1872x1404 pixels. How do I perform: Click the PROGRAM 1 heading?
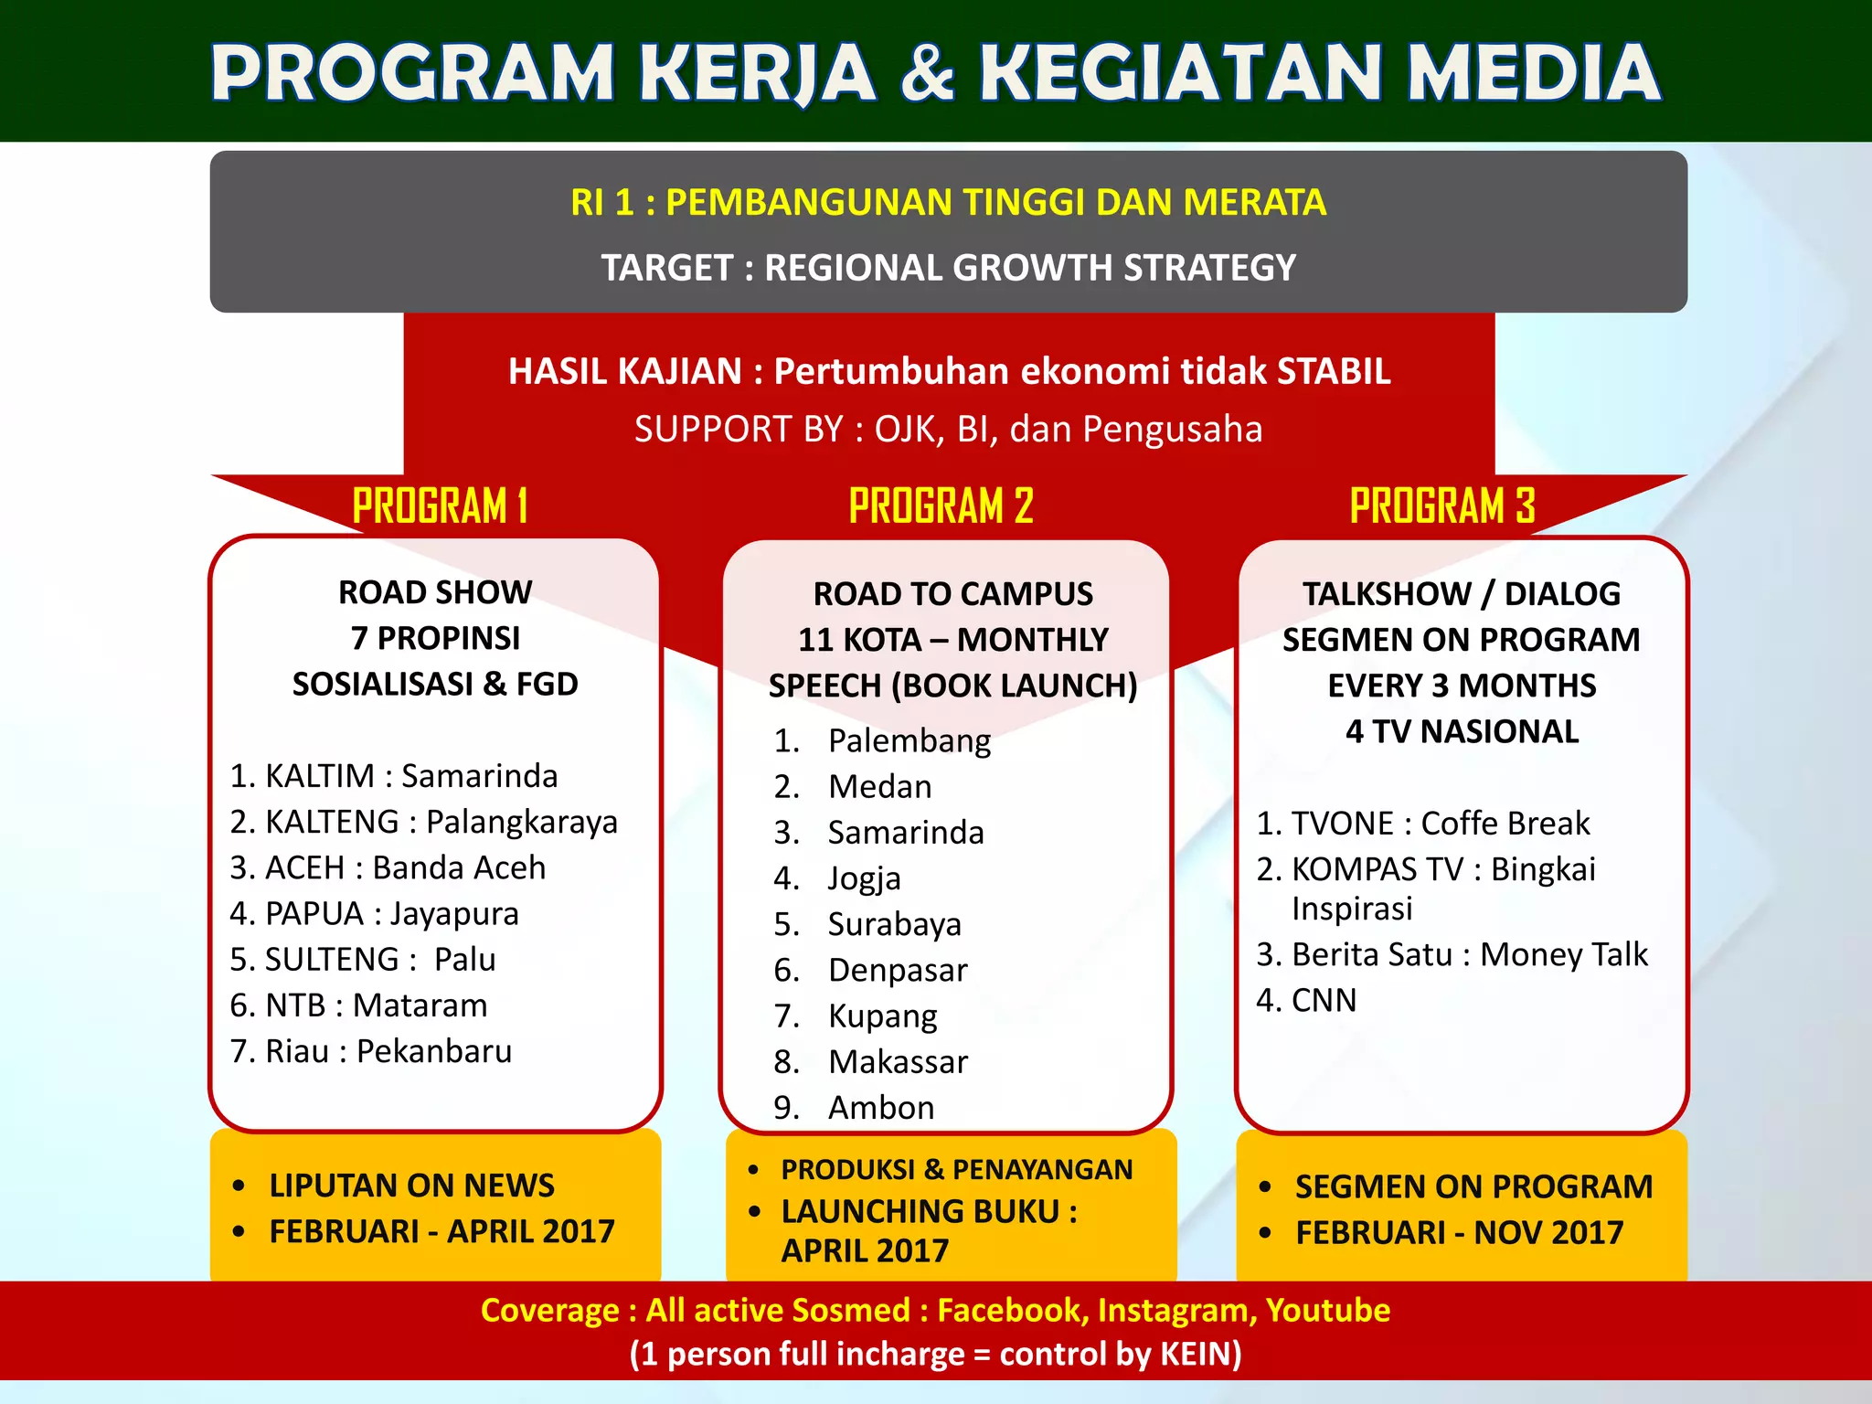tap(440, 505)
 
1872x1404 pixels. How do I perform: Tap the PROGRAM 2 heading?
tap(941, 505)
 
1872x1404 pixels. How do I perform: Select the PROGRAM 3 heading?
tap(1442, 505)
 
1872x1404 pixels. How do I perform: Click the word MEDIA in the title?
tap(1533, 73)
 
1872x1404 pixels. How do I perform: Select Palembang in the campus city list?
tap(909, 740)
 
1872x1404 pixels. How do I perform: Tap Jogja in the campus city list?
tap(864, 878)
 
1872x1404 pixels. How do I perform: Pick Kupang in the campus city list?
tap(882, 1016)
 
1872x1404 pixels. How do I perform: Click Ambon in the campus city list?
tap(881, 1108)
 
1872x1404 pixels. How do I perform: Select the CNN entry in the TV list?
tap(1323, 1000)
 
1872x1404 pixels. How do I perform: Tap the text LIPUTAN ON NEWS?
tap(411, 1186)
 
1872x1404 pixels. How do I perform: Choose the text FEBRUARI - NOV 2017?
tap(1459, 1233)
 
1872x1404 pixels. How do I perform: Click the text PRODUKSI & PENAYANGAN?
tap(956, 1170)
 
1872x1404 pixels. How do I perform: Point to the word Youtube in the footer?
tap(1327, 1310)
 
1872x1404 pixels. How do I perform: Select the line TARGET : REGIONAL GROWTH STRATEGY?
tap(948, 268)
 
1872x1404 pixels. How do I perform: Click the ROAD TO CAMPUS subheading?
tap(952, 594)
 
